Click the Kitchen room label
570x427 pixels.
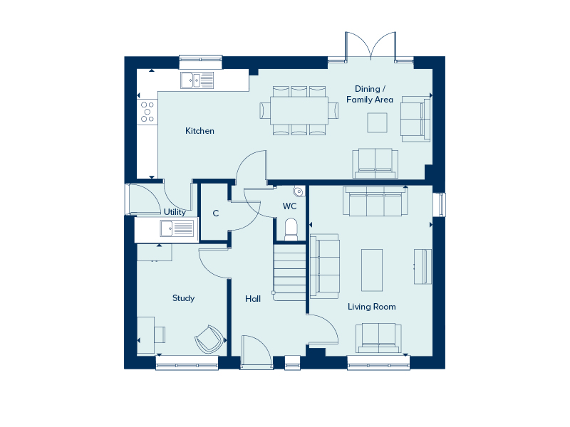coord(199,131)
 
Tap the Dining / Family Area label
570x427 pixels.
coord(370,94)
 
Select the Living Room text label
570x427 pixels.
coord(371,307)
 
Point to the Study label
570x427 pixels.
coord(183,298)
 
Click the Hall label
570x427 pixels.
coord(253,299)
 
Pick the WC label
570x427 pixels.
coord(289,206)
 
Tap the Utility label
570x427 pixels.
coord(175,212)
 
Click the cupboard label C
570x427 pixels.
coord(216,213)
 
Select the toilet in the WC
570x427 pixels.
coord(291,229)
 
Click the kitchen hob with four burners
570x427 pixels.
coord(147,112)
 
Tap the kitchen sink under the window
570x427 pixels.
coord(197,80)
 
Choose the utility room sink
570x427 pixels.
coord(177,228)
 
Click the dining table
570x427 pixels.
coord(299,110)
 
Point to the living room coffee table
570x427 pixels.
coord(372,270)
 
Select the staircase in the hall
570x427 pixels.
coord(289,273)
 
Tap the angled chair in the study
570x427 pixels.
coord(209,339)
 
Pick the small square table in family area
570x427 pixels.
coord(378,122)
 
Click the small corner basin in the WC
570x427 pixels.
coord(299,191)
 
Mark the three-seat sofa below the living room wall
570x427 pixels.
coord(375,201)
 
